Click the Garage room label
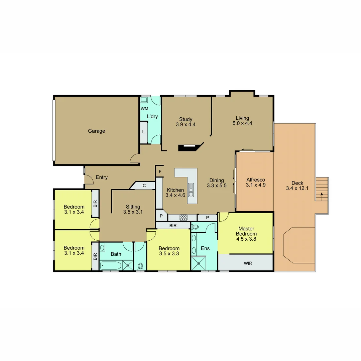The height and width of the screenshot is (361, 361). (96, 131)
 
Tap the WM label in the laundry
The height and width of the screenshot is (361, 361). (144, 109)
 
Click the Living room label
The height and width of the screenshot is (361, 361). (242, 118)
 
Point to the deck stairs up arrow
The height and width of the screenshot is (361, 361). (322, 196)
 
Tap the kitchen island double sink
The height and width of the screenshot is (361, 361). (191, 190)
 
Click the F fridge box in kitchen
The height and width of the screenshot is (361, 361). (160, 172)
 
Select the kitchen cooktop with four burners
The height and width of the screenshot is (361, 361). (184, 218)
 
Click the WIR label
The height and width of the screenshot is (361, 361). (248, 263)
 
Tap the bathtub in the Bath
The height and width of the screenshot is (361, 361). (111, 266)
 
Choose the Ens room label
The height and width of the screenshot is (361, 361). (205, 248)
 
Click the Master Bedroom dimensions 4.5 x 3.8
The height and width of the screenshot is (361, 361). (246, 239)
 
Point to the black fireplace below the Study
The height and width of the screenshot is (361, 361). (190, 147)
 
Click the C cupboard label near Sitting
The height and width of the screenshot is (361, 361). (144, 186)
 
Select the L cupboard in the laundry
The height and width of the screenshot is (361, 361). (143, 132)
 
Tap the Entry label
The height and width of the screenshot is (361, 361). (102, 177)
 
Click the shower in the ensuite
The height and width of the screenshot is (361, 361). (199, 263)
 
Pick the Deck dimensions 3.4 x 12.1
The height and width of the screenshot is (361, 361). (297, 188)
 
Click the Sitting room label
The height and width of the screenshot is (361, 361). (133, 207)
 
